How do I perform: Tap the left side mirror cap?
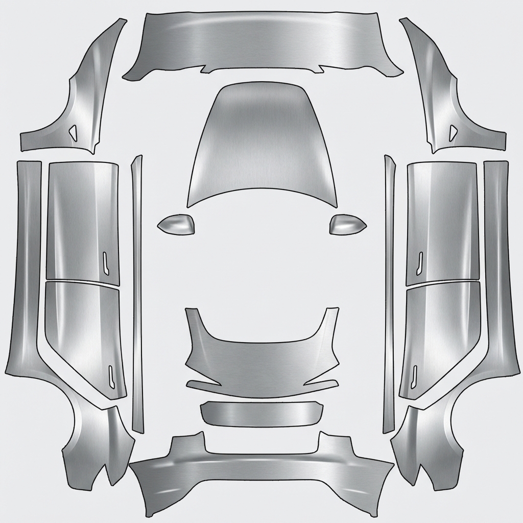coord(177,224)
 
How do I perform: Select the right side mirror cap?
coord(347,224)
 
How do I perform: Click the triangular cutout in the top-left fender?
coord(74,133)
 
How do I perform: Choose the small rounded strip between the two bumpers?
coord(261,413)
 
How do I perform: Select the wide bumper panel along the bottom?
coord(261,475)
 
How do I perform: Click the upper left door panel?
coord(82,220)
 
